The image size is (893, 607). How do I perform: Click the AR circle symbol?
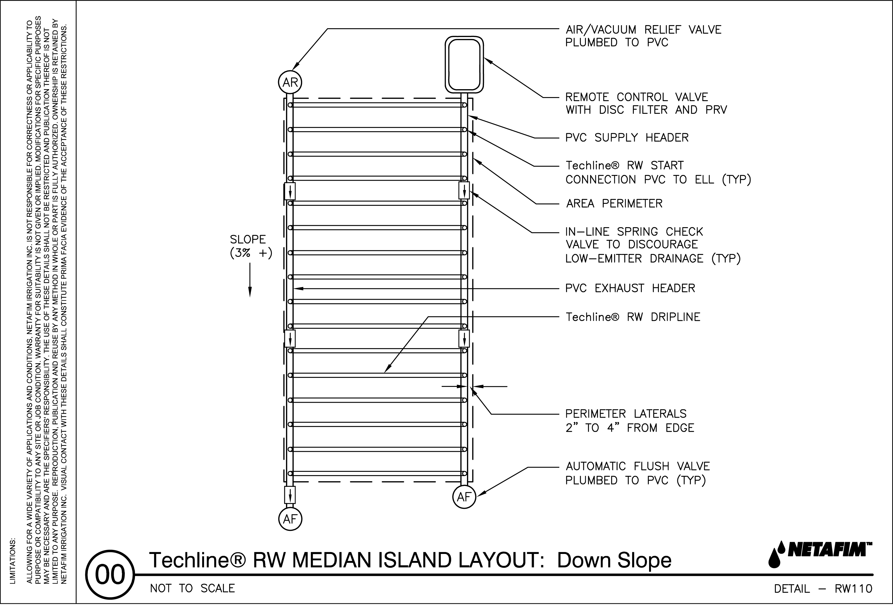tap(290, 82)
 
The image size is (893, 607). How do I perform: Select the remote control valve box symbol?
tap(464, 65)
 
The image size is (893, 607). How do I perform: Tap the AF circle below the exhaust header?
tap(290, 520)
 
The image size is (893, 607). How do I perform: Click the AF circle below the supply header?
tap(464, 497)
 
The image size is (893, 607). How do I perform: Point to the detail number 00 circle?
tap(110, 575)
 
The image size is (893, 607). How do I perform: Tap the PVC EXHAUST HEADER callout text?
tap(630, 288)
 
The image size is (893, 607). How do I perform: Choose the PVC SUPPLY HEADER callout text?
tap(627, 137)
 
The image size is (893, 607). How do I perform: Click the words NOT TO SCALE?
tap(192, 589)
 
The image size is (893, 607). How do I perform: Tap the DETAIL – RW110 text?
tap(823, 589)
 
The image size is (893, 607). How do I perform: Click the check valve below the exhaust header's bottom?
tap(290, 495)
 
